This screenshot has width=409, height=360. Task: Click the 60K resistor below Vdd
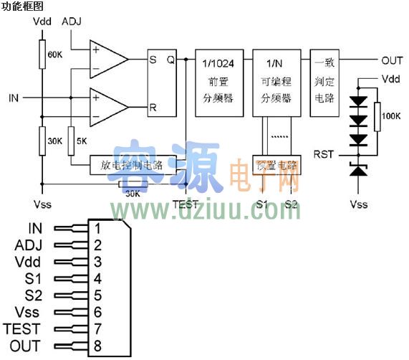tap(42, 53)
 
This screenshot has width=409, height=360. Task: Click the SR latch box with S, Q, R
tap(161, 82)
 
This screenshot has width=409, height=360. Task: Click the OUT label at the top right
tap(391, 60)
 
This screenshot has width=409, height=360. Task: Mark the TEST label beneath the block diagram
tap(185, 204)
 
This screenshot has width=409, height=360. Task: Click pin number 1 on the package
tap(94, 229)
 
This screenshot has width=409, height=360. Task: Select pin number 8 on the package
tap(94, 346)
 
